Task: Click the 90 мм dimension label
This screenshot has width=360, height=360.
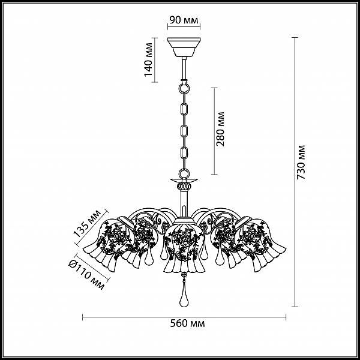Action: pos(184,20)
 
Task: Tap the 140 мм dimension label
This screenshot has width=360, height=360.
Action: pos(148,59)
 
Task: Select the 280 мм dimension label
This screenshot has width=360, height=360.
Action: pos(220,129)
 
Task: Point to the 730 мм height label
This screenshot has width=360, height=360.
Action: pos(301,162)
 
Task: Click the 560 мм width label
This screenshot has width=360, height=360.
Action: pos(187,323)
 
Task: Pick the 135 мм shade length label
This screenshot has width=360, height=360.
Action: pos(87,223)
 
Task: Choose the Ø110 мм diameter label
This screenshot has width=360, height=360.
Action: pos(86,275)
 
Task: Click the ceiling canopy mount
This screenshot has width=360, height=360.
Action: pos(184,47)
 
